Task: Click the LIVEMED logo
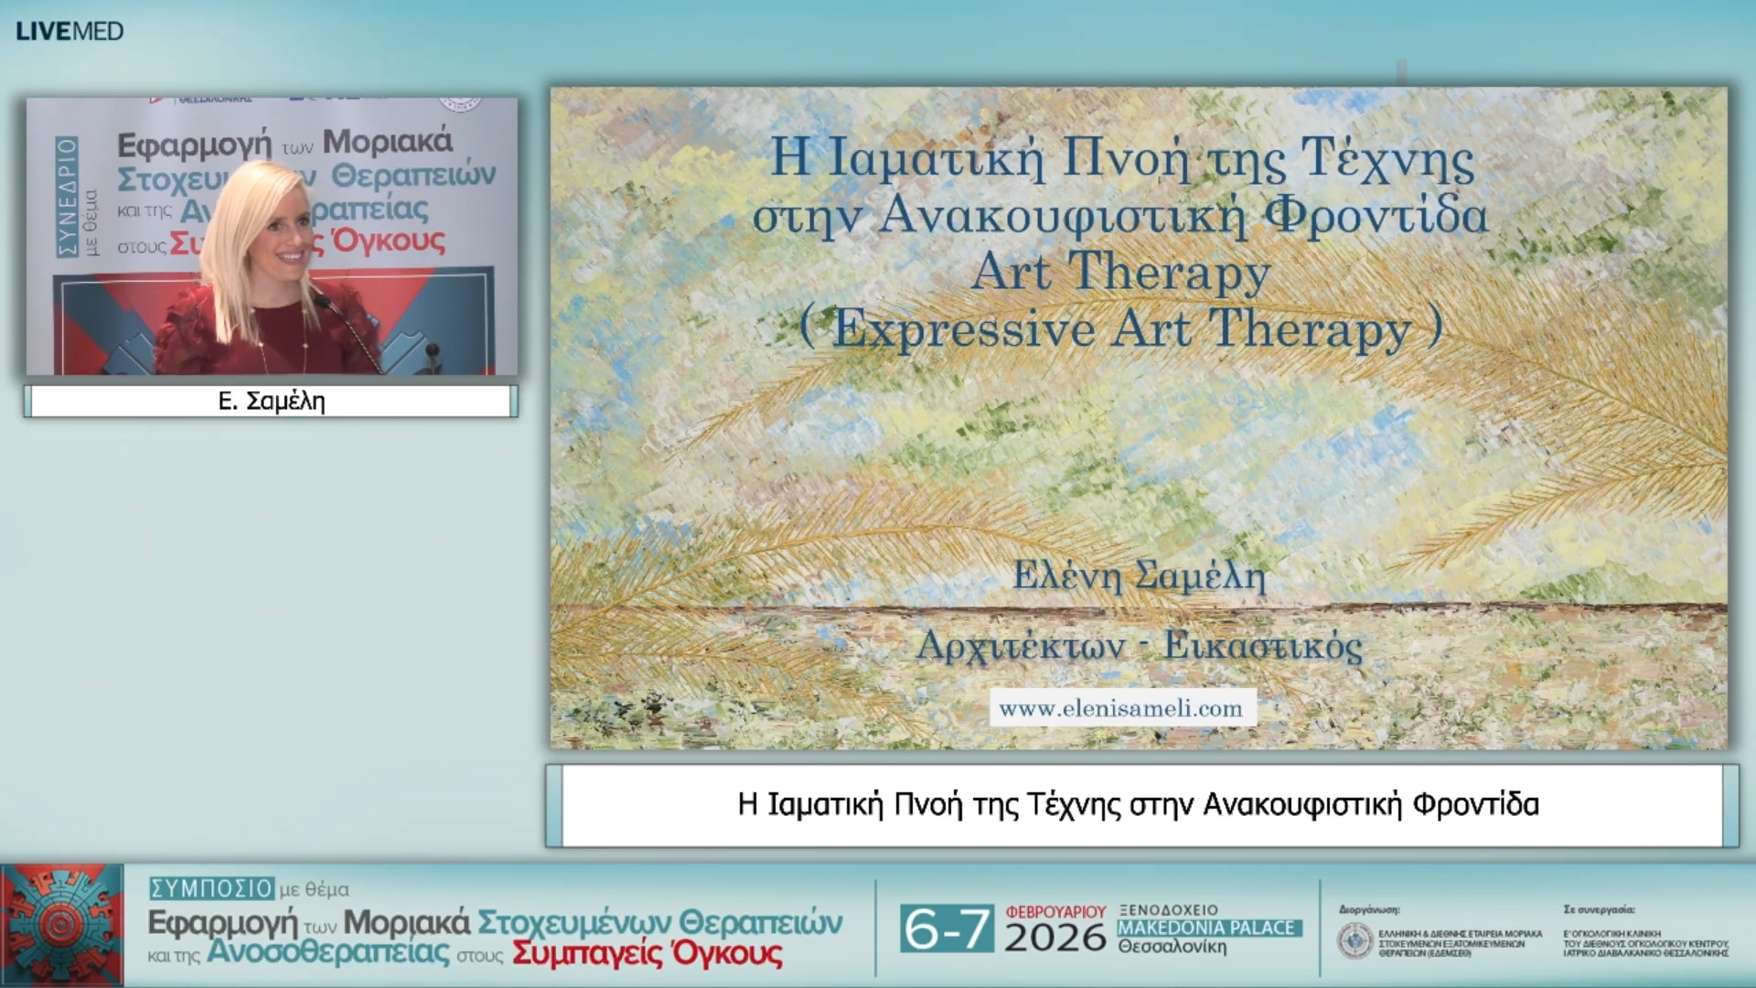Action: coord(70,31)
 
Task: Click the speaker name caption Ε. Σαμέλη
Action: coord(272,402)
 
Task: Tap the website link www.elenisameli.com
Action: coord(1121,709)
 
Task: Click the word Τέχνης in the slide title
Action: coord(1387,158)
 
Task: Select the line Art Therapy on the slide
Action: coord(1120,273)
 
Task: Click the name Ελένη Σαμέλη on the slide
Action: coord(1139,576)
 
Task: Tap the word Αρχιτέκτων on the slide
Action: coord(1020,646)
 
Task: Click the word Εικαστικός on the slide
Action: coord(1262,646)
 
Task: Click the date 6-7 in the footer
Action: coord(946,929)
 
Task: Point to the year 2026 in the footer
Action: coord(1055,938)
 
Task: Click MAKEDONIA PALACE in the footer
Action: coord(1207,928)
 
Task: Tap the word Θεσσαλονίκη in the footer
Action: coord(1172,947)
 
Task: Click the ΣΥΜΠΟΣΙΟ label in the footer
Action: coord(211,888)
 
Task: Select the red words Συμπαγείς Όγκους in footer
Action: coord(647,954)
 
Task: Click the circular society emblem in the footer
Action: coord(1354,940)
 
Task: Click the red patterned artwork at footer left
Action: coord(62,924)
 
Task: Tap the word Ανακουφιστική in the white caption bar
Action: coord(1301,805)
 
